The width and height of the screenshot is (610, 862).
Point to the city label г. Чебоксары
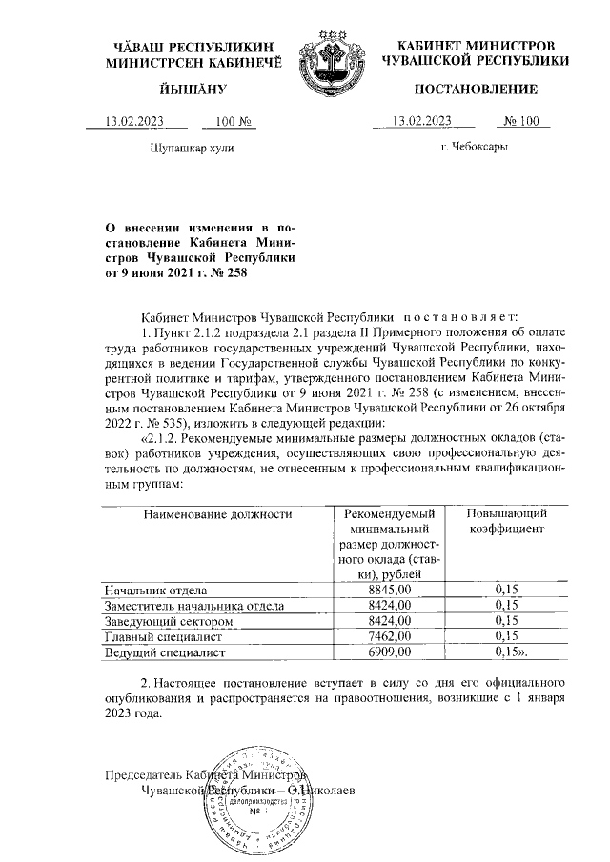(474, 148)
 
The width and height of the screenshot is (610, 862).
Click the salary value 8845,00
(389, 591)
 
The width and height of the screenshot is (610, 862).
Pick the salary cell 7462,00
(389, 636)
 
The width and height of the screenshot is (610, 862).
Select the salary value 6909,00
(389, 652)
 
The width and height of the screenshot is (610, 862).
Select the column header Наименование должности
(216, 514)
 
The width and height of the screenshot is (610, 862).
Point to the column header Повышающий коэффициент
(506, 521)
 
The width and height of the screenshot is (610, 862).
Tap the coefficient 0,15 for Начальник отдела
(506, 591)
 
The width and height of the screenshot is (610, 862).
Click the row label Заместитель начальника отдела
(193, 606)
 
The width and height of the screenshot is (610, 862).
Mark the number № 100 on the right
(520, 121)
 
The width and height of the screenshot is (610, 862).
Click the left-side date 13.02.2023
(135, 121)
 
